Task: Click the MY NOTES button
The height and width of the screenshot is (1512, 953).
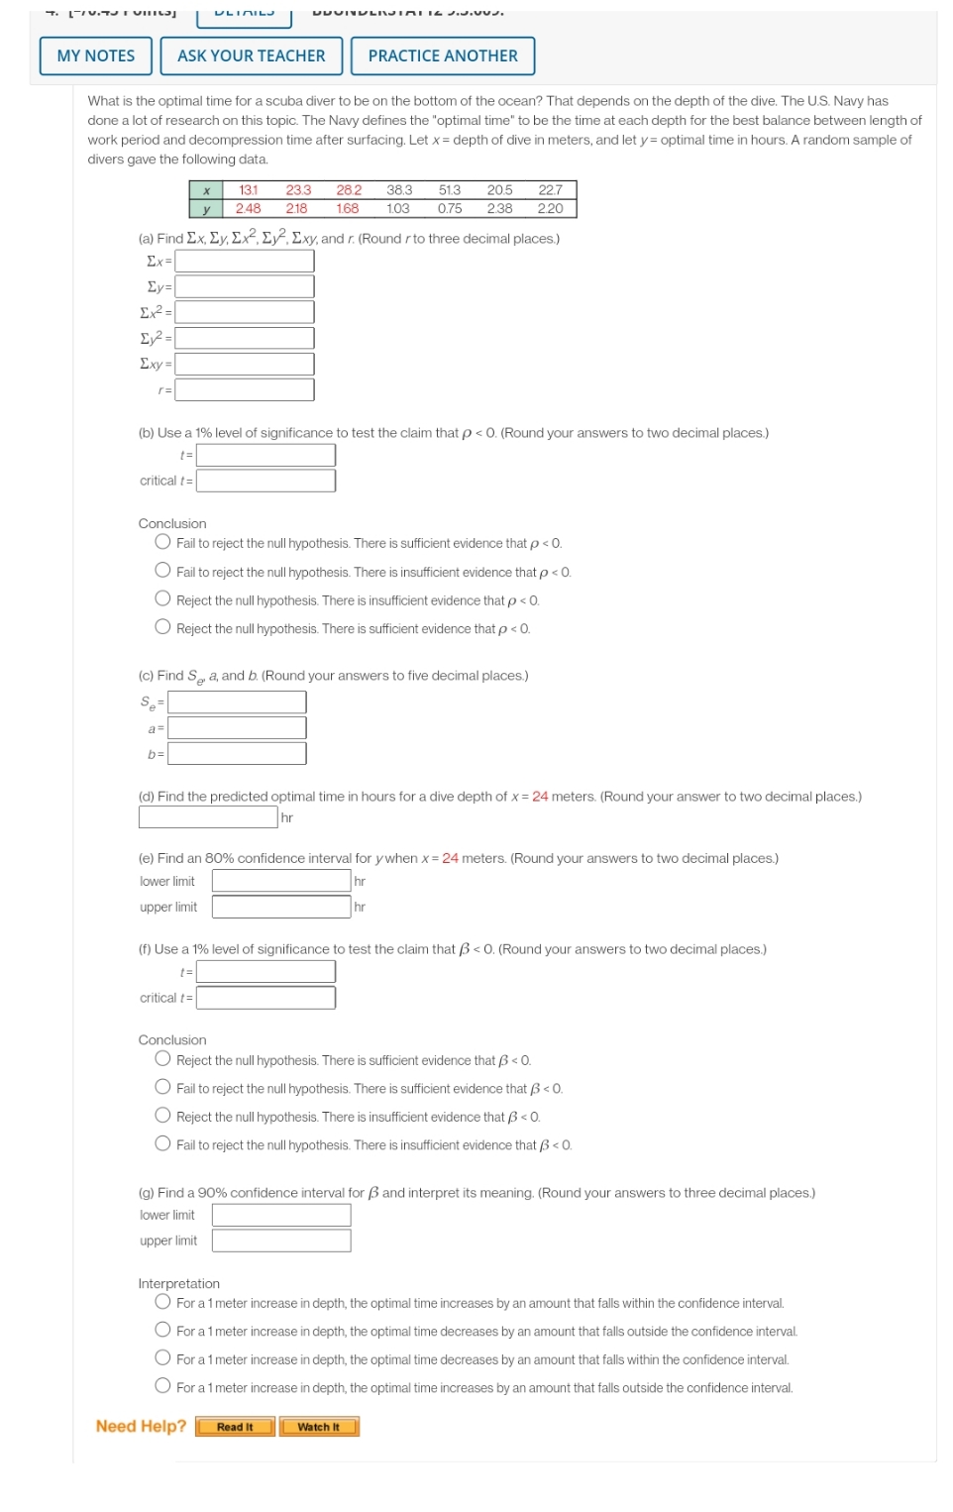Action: pyautogui.click(x=96, y=56)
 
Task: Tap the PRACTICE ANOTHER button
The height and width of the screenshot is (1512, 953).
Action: pyautogui.click(x=443, y=56)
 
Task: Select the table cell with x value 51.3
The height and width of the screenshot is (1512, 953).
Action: pyautogui.click(x=449, y=190)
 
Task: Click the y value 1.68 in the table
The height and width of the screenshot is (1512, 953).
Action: pyautogui.click(x=348, y=209)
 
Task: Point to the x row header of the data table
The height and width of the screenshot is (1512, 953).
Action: pyautogui.click(x=205, y=190)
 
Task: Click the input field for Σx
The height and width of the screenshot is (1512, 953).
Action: pyautogui.click(x=245, y=261)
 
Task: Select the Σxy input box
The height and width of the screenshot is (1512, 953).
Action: pyautogui.click(x=245, y=364)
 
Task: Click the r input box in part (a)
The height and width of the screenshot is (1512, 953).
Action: pyautogui.click(x=245, y=390)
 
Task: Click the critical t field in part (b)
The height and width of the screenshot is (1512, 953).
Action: pyautogui.click(x=265, y=481)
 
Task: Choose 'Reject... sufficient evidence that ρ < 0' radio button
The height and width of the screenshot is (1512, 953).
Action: pyautogui.click(x=162, y=627)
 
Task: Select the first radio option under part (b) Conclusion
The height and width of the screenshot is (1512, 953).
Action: pyautogui.click(x=162, y=542)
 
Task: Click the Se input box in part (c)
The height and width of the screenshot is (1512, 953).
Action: pyautogui.click(x=237, y=702)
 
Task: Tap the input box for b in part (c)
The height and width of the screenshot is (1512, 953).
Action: pyautogui.click(x=237, y=754)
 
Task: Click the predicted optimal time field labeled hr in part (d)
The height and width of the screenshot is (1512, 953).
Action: pyautogui.click(x=208, y=817)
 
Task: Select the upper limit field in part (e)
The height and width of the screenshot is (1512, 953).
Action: pyautogui.click(x=281, y=907)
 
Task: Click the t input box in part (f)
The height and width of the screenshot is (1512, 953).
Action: pyautogui.click(x=265, y=972)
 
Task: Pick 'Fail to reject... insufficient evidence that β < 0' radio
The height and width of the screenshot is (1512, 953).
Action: pyautogui.click(x=162, y=1143)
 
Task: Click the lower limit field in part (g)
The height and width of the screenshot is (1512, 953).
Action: pyautogui.click(x=281, y=1215)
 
